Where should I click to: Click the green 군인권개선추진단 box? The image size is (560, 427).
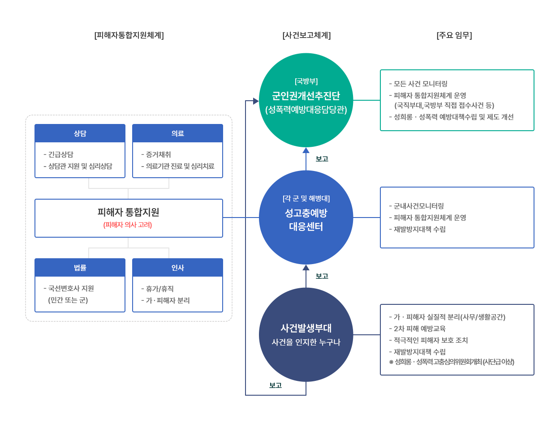coord(306,100)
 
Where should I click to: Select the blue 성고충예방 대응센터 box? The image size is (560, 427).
coord(306,217)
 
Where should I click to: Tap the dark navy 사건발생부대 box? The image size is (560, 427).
coord(306,334)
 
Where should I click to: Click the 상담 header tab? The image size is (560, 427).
coord(80,133)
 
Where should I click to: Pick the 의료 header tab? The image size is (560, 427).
coord(177,133)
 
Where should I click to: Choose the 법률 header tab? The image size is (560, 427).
coord(80,268)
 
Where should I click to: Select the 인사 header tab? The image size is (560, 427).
coord(177,268)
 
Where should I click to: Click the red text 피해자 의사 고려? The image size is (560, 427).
coord(128,225)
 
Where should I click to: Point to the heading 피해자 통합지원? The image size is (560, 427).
coord(128,212)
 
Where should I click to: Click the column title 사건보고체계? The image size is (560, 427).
coord(306,35)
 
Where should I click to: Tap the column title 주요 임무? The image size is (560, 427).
coord(454,35)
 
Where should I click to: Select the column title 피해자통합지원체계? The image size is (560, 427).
coord(129,35)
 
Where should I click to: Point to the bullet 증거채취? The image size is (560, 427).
coord(158,154)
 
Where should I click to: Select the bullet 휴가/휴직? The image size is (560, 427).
coord(159,289)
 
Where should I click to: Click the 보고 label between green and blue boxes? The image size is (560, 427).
coord(322,159)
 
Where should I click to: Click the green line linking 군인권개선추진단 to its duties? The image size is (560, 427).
coord(367,100)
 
